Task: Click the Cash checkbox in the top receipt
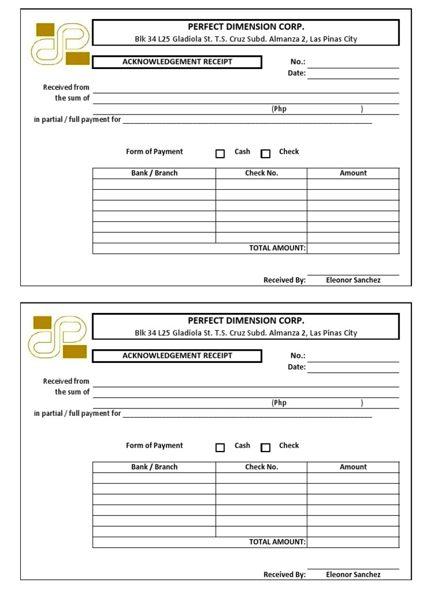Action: tap(220, 154)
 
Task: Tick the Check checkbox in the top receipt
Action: tap(265, 154)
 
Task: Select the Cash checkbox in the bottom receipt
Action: tap(220, 448)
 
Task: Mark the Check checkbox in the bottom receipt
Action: tap(265, 448)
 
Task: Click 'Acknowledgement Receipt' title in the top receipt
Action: tap(177, 62)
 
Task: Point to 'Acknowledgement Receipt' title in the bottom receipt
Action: tap(177, 355)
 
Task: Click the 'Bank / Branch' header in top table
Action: tap(154, 173)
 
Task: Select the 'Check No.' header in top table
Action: tap(261, 173)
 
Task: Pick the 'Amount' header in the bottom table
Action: tap(353, 467)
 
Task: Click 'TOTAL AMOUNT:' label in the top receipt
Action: tap(277, 248)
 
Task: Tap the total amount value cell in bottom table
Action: tap(353, 542)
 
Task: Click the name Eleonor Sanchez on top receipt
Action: tap(353, 280)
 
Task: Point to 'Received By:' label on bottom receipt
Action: tap(284, 574)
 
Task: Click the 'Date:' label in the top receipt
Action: tap(297, 73)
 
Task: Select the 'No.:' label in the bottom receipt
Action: tap(298, 356)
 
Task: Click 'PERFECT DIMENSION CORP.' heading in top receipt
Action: tap(246, 26)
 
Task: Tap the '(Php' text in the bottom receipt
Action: tap(279, 403)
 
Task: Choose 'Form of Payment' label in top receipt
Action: tap(154, 152)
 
